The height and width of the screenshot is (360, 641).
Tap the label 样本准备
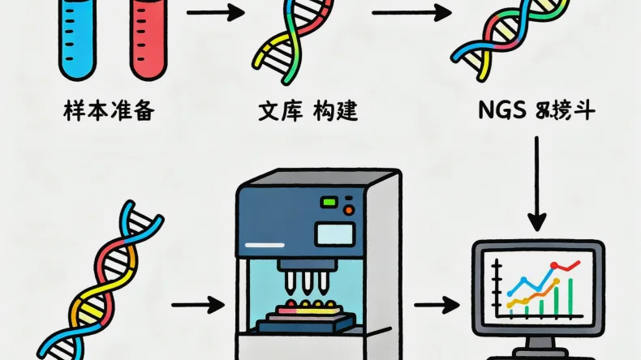pos(108,112)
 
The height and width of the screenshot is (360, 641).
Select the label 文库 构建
pos(308,112)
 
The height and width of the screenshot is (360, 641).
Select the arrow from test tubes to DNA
pos(215,13)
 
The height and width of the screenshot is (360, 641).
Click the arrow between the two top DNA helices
pos(411,13)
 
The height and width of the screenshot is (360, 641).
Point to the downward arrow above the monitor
pos(536,182)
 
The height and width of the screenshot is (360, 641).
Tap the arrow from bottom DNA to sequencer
pos(198,305)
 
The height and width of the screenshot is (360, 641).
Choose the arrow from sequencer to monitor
pos(437,305)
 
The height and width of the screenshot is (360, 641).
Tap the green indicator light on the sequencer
pos(330,201)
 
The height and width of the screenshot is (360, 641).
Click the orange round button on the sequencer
pos(349,210)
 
